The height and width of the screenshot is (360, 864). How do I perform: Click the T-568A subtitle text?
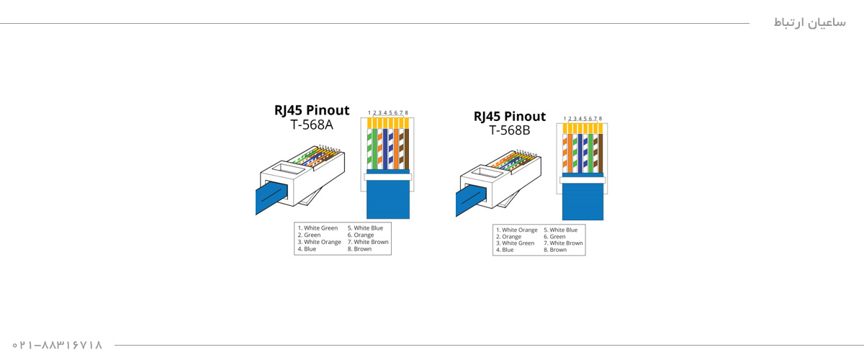[x=312, y=125]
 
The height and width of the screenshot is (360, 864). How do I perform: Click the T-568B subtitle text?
[x=509, y=130]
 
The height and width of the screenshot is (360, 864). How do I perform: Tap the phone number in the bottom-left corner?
[x=58, y=346]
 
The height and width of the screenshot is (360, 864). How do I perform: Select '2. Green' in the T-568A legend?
[x=309, y=235]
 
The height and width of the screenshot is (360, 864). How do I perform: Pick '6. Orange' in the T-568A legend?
[x=360, y=235]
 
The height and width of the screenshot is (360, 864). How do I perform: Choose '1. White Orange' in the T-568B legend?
[x=516, y=230]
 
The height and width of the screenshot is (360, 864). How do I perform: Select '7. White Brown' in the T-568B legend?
[x=563, y=243]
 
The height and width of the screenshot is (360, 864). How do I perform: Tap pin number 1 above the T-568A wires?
[x=369, y=113]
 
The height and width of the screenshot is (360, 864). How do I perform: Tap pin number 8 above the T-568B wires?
[x=600, y=119]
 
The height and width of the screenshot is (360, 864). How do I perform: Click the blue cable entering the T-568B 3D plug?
[x=470, y=199]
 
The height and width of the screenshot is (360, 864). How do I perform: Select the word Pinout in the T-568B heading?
[x=525, y=117]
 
